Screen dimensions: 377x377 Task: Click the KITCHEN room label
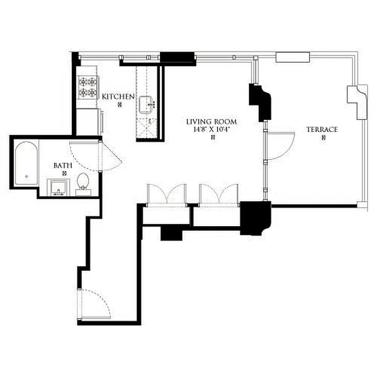(119, 96)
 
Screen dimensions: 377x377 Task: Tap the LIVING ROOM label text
(211, 122)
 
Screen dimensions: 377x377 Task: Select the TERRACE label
(322, 129)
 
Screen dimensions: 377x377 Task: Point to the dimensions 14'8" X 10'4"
(211, 129)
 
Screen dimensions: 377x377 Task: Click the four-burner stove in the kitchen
(87, 87)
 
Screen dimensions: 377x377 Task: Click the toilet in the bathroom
(83, 184)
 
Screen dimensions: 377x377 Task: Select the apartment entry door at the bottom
(95, 304)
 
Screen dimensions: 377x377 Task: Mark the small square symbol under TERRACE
(324, 138)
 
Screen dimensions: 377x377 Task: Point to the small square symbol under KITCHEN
(120, 105)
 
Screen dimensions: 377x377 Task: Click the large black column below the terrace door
(255, 217)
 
